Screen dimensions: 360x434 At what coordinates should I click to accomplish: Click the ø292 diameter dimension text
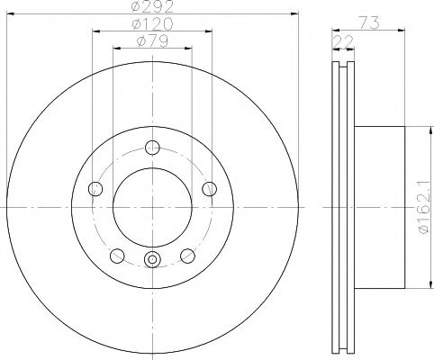pyautogui.click(x=151, y=7)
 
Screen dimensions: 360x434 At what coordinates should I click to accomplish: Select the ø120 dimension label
pyautogui.click(x=151, y=23)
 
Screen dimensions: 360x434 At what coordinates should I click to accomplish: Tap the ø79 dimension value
pyautogui.click(x=151, y=40)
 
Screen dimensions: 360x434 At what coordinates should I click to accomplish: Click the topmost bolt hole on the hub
pyautogui.click(x=152, y=148)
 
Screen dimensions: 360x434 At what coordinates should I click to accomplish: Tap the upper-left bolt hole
pyautogui.click(x=96, y=188)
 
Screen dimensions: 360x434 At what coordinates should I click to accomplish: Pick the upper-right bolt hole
pyautogui.click(x=208, y=188)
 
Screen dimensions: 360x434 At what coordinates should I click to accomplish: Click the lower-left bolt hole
pyautogui.click(x=118, y=254)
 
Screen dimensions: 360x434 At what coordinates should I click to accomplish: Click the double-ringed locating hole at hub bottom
pyautogui.click(x=152, y=260)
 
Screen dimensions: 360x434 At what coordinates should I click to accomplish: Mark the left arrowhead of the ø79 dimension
pyautogui.click(x=115, y=48)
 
